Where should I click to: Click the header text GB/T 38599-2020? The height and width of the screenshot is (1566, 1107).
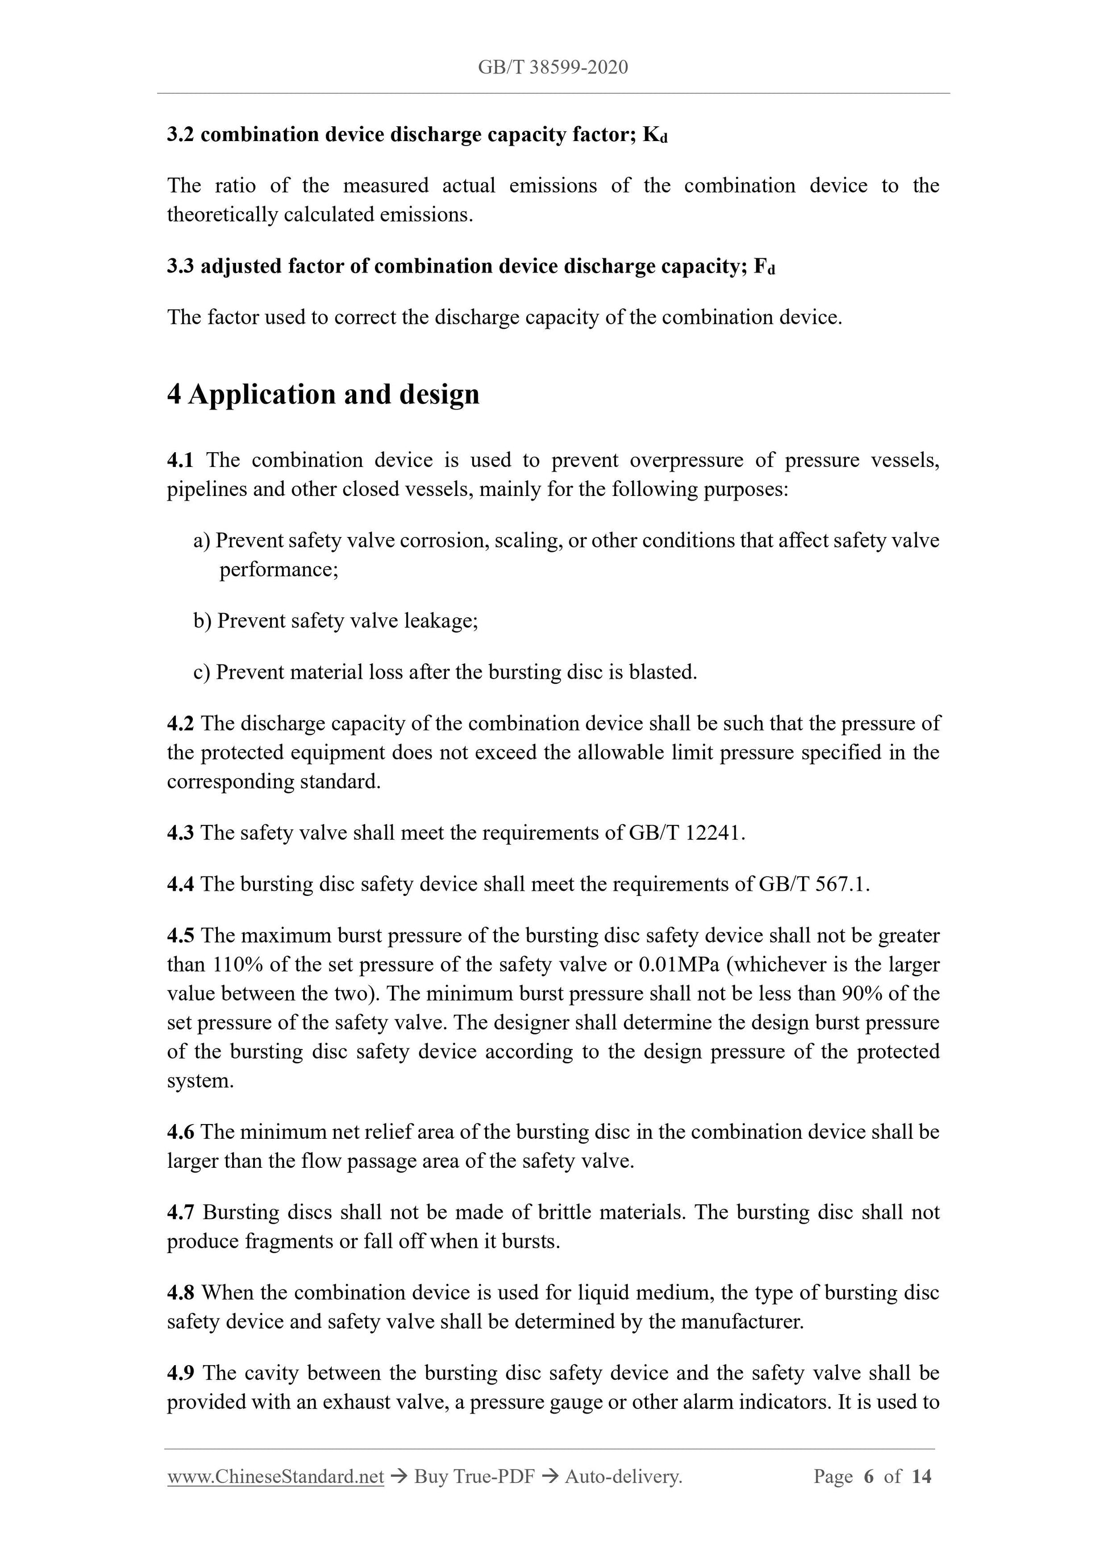pyautogui.click(x=552, y=67)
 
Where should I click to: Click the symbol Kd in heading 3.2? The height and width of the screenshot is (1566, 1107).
pyautogui.click(x=655, y=135)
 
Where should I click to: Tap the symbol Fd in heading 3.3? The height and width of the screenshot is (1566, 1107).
pyautogui.click(x=765, y=267)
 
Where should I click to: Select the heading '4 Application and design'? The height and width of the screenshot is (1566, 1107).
pyautogui.click(x=323, y=394)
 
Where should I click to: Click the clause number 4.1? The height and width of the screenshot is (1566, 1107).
pyautogui.click(x=180, y=460)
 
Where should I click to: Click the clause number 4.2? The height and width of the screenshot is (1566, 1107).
pyautogui.click(x=180, y=724)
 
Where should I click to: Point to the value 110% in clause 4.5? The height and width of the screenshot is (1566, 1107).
pyautogui.click(x=237, y=965)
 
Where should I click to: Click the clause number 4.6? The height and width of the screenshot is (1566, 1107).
pyautogui.click(x=180, y=1132)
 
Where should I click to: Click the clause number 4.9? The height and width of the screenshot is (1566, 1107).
pyautogui.click(x=180, y=1373)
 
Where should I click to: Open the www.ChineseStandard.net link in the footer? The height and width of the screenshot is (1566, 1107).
pyautogui.click(x=275, y=1477)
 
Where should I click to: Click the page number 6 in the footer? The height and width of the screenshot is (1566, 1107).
pyautogui.click(x=868, y=1477)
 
